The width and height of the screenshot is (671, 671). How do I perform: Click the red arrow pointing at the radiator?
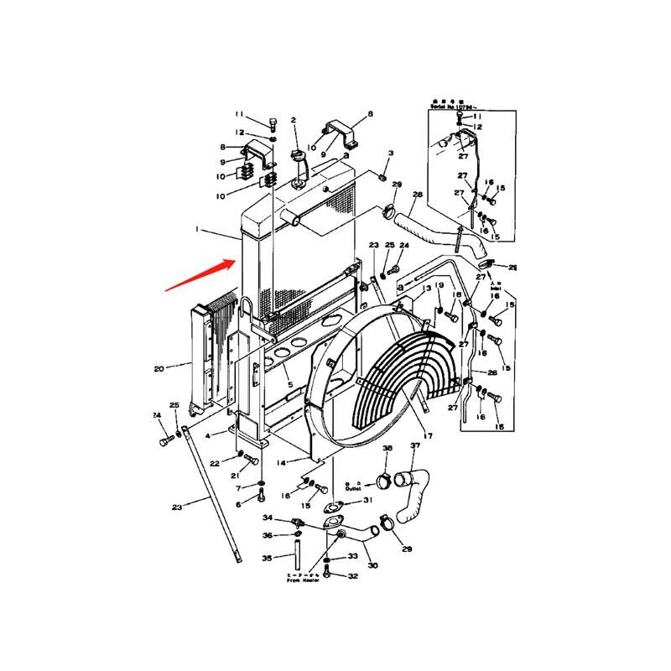click(x=199, y=276)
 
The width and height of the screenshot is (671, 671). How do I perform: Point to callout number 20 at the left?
click(x=158, y=367)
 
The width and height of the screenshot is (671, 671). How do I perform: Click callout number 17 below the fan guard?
click(x=428, y=436)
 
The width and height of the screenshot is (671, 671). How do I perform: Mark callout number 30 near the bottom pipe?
click(x=372, y=565)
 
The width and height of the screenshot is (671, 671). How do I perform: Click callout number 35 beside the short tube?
click(x=267, y=559)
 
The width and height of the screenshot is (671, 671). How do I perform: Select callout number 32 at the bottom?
click(x=353, y=576)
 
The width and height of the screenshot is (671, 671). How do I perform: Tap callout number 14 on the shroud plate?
click(x=282, y=462)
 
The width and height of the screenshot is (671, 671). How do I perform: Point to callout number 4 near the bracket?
click(x=221, y=434)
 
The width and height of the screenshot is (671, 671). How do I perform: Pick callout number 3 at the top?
click(x=390, y=154)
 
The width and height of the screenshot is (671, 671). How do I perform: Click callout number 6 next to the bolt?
click(x=238, y=504)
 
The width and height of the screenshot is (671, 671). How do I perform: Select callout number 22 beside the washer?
click(x=215, y=463)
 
